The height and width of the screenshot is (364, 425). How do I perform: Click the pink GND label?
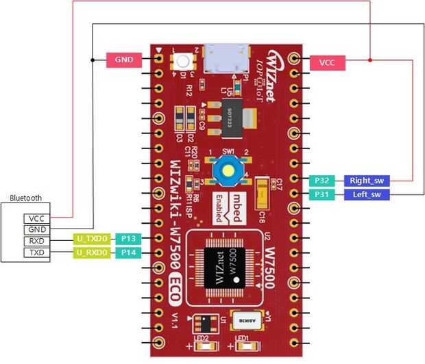coord(123,60)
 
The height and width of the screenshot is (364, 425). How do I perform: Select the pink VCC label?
coord(327,62)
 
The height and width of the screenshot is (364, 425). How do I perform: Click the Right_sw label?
coord(367,181)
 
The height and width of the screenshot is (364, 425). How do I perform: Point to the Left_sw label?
coord(367,194)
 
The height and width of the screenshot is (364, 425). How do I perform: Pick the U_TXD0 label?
coord(93,239)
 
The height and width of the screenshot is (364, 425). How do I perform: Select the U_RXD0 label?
coord(93,252)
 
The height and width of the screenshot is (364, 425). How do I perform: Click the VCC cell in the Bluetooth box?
coord(35,218)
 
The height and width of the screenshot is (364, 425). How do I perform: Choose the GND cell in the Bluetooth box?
coord(35,229)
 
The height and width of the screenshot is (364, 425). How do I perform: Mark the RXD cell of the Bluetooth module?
coord(35,241)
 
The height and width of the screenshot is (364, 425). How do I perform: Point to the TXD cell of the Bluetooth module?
coord(35,252)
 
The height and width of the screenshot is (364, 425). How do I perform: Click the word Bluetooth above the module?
coord(26,198)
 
